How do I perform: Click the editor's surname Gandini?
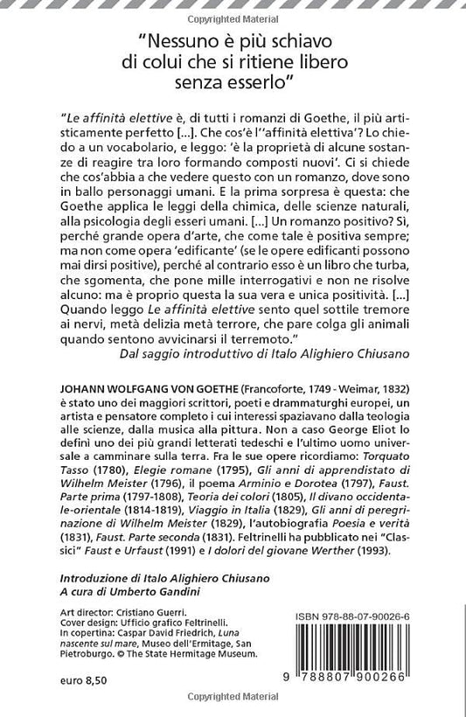pyautogui.click(x=169, y=591)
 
